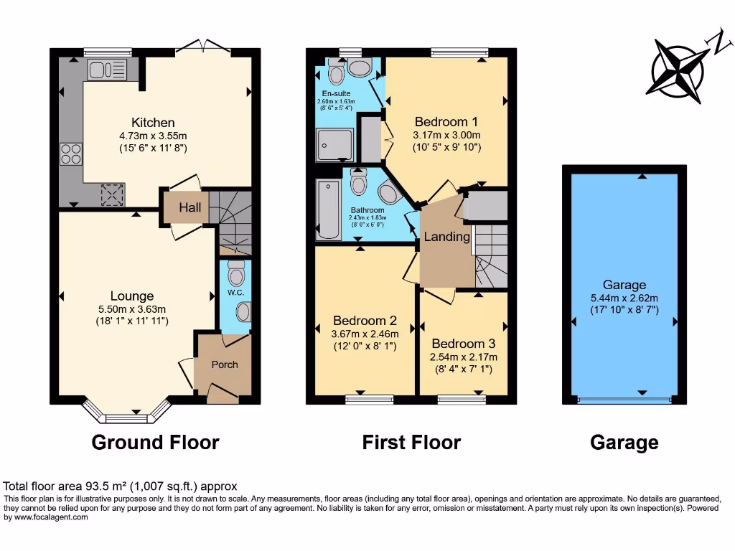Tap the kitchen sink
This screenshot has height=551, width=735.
point(107,70)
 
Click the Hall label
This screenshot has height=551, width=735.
point(190,207)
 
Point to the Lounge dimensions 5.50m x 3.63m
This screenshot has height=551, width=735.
point(132,309)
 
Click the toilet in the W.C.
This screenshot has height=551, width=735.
point(235,272)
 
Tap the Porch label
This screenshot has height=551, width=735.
point(224,364)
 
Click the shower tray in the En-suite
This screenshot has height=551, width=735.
point(334,146)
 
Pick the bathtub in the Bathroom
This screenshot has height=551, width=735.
point(328,210)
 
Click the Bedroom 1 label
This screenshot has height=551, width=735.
point(446,121)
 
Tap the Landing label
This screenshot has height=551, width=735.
point(446,237)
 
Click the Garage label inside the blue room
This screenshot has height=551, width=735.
point(624,285)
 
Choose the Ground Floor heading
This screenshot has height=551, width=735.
point(155,443)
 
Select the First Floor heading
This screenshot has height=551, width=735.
point(411,443)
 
